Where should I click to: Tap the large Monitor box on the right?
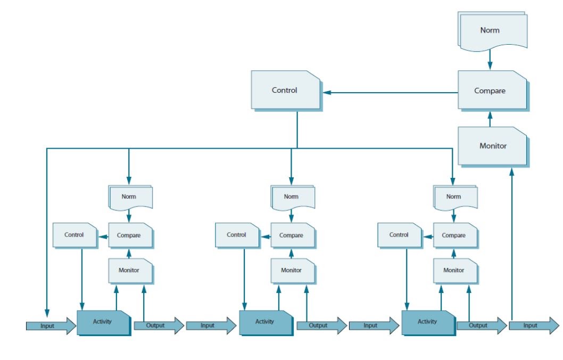coord(492,145)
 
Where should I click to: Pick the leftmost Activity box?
coord(103,322)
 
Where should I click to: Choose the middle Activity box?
coord(265,322)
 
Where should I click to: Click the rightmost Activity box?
coord(427,322)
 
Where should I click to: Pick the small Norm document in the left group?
coord(130,197)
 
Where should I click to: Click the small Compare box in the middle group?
coord(292,235)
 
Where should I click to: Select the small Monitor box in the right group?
coord(454,271)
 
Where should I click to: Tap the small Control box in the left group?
coord(74,235)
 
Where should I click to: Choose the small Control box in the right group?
coord(399,235)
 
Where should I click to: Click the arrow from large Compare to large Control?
coord(391,92)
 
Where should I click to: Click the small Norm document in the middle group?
coord(292,197)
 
